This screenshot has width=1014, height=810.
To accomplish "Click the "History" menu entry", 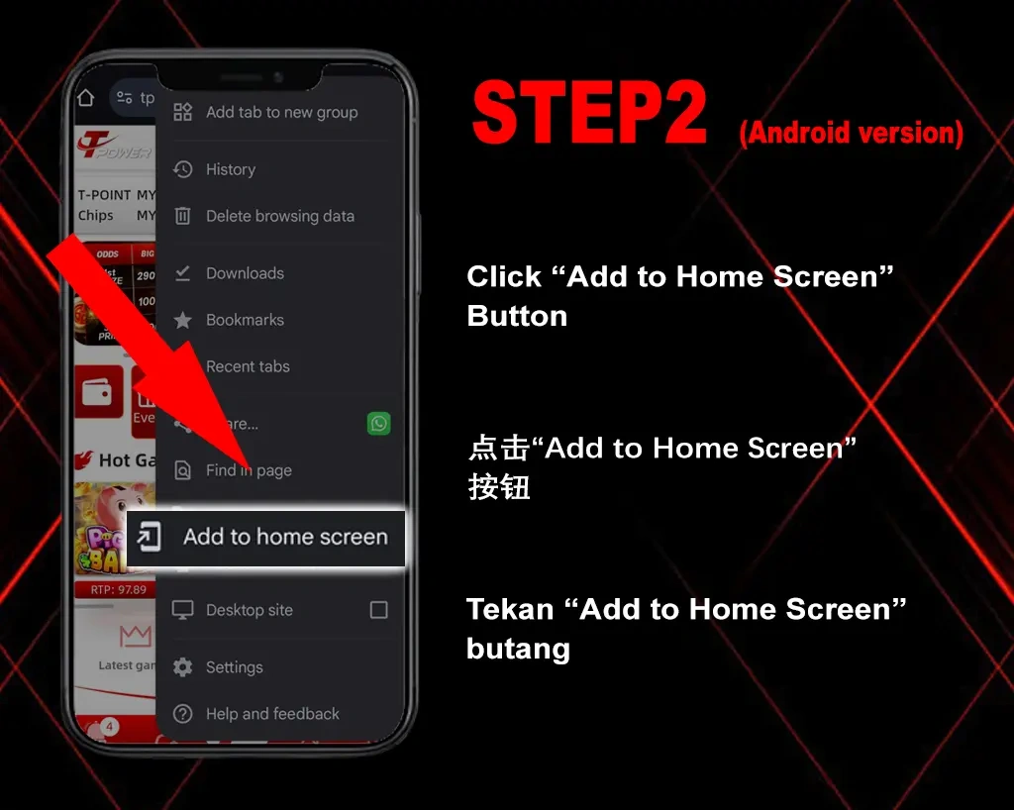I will click(230, 169).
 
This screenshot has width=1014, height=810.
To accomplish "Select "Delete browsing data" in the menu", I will click(279, 216).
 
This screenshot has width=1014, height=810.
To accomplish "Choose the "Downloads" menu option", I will click(245, 273).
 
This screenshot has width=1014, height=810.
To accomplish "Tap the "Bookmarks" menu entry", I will click(245, 320).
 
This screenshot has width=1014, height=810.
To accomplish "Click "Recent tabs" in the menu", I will click(248, 366).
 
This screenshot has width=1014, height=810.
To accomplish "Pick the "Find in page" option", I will click(249, 470).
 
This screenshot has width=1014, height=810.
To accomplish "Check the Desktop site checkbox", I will click(378, 610).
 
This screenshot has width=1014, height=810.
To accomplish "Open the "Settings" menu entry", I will click(234, 667).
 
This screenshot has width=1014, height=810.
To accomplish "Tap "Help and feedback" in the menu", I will click(272, 714).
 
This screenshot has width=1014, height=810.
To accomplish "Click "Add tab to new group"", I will click(281, 112).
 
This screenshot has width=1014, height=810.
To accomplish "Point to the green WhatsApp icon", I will click(378, 424).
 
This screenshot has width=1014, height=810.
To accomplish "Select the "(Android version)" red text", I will click(851, 133).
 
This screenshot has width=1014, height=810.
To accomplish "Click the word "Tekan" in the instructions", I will click(509, 609).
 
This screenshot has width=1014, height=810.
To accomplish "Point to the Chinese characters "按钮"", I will click(499, 487).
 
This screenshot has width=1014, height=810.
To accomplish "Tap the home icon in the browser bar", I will click(86, 97).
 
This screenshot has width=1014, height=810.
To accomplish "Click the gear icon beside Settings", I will click(183, 667).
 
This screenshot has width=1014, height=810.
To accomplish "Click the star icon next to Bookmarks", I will click(183, 320).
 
